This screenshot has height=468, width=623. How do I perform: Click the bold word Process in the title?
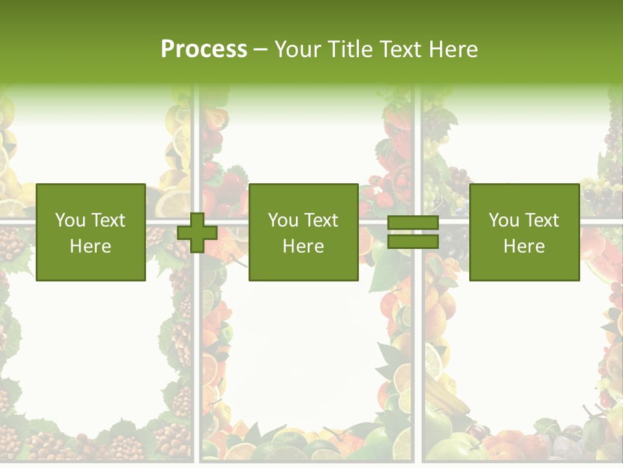click(204, 49)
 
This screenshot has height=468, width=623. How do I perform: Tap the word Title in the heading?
click(351, 49)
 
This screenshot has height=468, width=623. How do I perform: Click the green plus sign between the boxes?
click(197, 233)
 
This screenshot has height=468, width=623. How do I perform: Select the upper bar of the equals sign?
click(413, 223)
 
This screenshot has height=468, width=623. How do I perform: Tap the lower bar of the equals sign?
click(413, 242)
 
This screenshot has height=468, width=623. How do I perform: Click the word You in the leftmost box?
click(70, 220)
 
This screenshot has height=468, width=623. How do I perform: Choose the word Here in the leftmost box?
click(90, 246)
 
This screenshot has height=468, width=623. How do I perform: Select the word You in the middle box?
click(283, 220)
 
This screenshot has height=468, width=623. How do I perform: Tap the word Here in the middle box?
click(303, 246)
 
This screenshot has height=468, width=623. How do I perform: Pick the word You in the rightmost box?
click(504, 220)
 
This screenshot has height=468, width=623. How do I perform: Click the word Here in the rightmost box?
click(524, 246)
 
